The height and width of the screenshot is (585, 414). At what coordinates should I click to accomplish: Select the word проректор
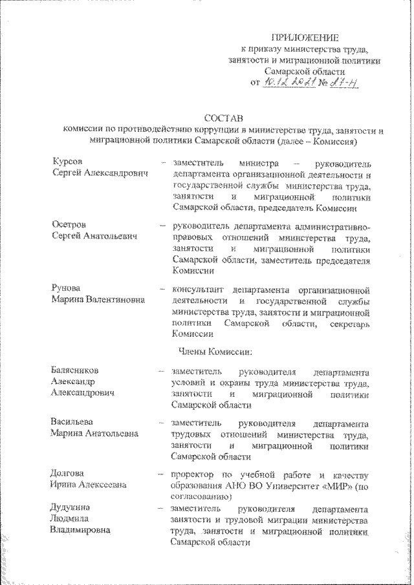click(x=196, y=474)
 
